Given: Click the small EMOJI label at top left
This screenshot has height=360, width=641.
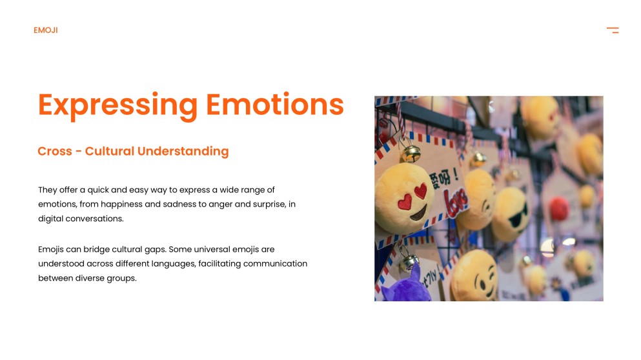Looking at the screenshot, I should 46,30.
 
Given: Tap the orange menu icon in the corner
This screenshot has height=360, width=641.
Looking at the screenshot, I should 613,30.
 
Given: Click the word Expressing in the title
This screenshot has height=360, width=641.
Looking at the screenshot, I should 117,105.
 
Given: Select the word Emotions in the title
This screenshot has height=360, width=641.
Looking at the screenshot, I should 274,105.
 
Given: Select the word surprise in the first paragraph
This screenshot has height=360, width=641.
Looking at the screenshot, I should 270,204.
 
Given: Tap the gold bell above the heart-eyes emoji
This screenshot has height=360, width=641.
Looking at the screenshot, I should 410,153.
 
